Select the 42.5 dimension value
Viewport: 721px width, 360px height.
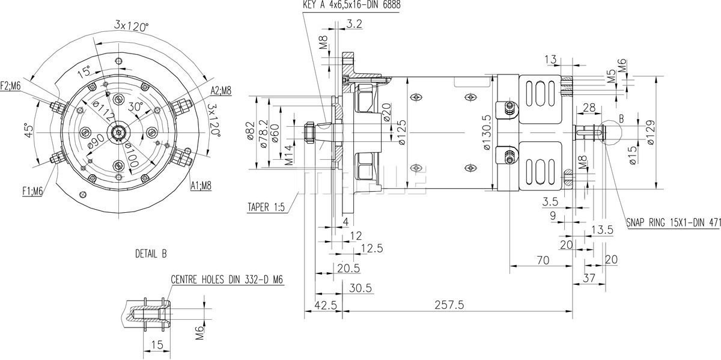point(326,305)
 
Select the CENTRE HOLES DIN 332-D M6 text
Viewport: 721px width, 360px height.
point(227,279)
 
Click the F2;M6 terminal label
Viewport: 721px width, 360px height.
point(11,85)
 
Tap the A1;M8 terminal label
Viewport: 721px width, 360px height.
point(201,185)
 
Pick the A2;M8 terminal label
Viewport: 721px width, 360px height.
point(221,91)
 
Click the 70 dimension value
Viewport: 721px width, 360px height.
point(543,261)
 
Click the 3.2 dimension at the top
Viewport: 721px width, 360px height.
point(354,24)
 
